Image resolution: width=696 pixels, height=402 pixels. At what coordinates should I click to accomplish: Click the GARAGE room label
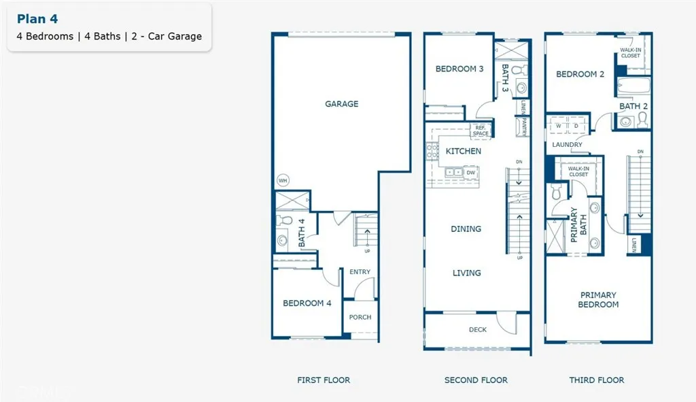[341, 104]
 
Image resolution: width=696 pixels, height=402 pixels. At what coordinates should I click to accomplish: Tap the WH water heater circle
[282, 181]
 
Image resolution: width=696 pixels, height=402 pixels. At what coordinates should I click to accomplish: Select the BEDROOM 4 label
[307, 303]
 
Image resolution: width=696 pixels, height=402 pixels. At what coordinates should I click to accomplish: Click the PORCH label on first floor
[360, 317]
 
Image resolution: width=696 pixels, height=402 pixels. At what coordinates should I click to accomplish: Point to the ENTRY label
[360, 272]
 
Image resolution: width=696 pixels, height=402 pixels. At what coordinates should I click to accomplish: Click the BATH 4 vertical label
[302, 232]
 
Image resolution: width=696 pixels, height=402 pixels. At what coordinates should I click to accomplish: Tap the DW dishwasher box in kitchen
[470, 173]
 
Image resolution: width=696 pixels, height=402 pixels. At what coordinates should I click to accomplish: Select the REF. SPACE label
[481, 130]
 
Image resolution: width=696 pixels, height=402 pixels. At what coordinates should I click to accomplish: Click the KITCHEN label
[463, 151]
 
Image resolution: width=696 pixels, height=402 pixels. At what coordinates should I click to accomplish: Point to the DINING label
[466, 229]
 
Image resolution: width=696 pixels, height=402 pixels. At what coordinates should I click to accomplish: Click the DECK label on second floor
[478, 330]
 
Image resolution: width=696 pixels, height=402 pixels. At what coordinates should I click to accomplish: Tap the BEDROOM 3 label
[459, 69]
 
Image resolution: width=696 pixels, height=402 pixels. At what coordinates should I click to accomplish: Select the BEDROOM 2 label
[580, 74]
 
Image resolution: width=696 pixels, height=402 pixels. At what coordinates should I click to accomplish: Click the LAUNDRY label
[567, 145]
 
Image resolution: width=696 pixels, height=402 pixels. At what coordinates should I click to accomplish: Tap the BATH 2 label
[633, 106]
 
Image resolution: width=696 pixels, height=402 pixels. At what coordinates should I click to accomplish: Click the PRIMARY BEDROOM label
[598, 300]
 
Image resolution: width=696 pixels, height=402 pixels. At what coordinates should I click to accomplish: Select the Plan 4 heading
[37, 19]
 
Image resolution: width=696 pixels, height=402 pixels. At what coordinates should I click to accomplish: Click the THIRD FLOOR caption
[597, 380]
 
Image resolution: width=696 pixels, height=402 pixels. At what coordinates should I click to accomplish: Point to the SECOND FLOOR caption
[476, 380]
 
